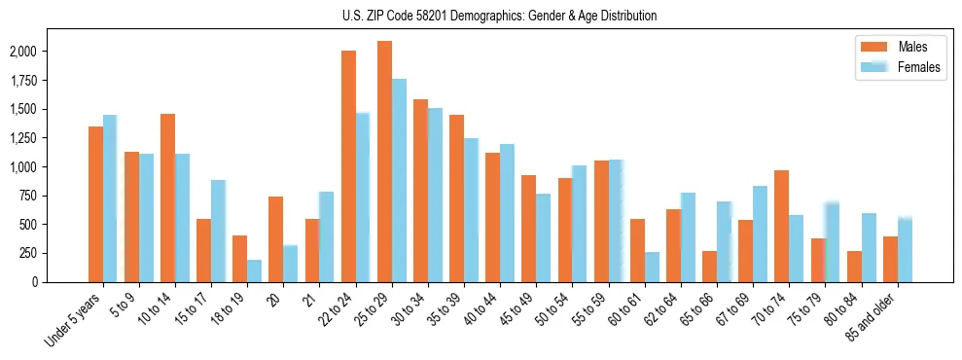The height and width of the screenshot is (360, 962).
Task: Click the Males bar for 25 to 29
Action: [384, 162]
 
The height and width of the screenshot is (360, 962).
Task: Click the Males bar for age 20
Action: [276, 239]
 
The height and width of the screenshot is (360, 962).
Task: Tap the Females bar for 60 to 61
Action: [652, 267]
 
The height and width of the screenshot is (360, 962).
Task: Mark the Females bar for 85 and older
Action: [905, 249]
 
